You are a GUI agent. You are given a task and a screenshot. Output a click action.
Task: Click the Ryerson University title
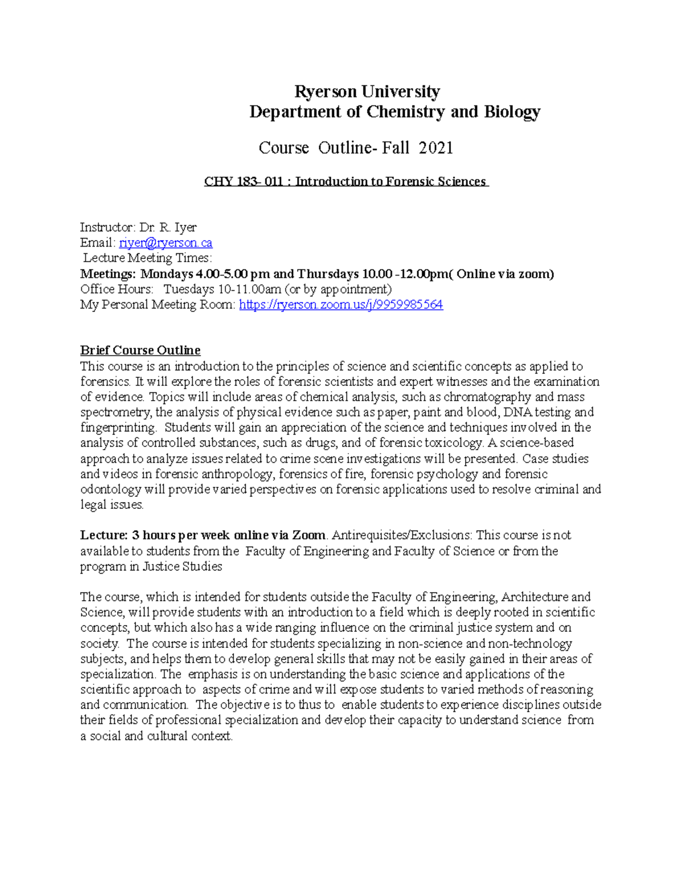(x=367, y=92)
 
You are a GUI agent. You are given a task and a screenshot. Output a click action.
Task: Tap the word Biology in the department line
(x=512, y=112)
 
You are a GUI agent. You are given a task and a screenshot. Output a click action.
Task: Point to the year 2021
(x=435, y=148)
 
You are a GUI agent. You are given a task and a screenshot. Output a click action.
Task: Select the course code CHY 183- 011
(x=244, y=182)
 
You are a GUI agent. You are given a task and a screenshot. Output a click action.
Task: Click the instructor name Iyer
(x=186, y=228)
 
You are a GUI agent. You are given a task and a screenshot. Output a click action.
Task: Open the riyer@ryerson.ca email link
(x=166, y=243)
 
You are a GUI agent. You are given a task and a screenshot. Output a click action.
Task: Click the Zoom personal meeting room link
(x=340, y=305)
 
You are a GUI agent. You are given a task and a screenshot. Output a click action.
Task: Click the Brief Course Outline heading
(x=140, y=351)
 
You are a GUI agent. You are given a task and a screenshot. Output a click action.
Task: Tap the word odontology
(x=110, y=490)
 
